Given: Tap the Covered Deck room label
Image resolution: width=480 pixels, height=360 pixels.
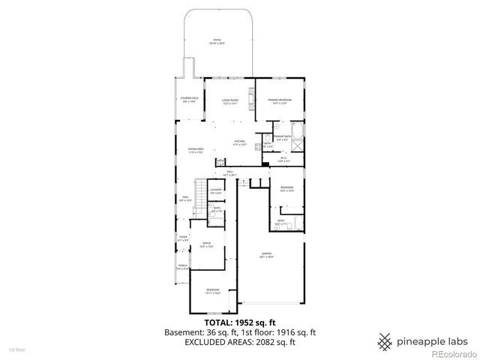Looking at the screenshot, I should [189, 100].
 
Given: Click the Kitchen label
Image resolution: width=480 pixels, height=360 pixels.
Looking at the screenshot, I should [240, 142].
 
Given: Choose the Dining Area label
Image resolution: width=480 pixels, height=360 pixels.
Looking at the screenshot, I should [197, 150].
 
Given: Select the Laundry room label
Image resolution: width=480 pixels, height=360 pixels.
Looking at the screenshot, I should [216, 192].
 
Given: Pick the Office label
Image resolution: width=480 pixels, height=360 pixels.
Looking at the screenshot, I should [205, 244].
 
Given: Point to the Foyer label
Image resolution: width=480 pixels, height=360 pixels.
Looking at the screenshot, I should [183, 238].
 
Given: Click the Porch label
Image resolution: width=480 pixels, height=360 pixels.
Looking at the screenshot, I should [183, 267].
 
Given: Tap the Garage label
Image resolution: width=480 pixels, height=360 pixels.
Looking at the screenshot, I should [267, 256].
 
